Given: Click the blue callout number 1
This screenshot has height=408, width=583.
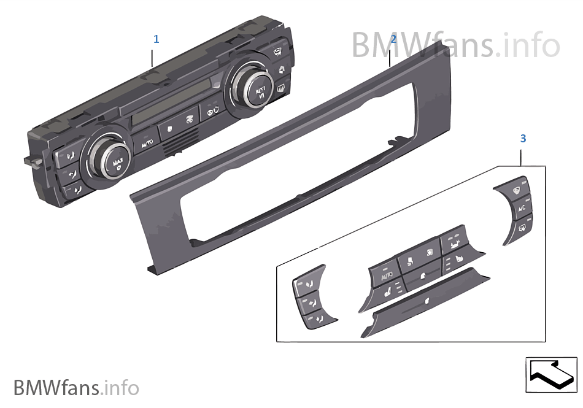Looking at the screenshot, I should (156, 39).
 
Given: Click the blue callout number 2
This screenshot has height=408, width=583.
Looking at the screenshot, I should (393, 39).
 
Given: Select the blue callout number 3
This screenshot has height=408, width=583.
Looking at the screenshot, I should (523, 139).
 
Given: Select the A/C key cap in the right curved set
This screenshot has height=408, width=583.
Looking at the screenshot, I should (522, 209).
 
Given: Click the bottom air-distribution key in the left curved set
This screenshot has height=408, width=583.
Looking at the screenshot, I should (315, 318).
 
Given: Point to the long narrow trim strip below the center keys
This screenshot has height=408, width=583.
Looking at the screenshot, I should (423, 303).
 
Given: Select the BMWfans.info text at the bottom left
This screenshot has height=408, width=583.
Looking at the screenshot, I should (76, 388).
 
